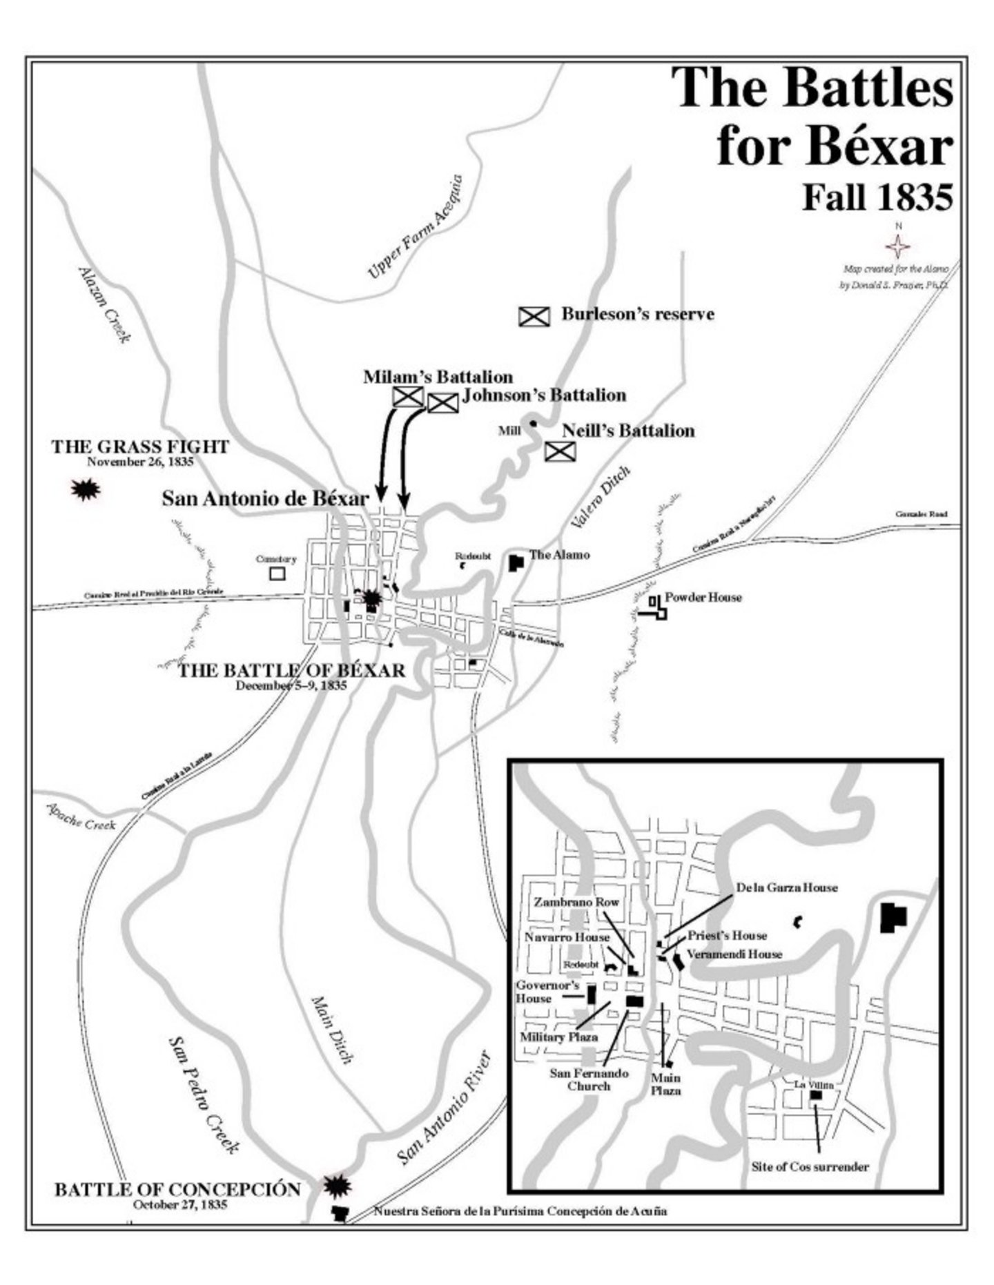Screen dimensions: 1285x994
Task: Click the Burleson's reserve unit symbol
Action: (x=534, y=316)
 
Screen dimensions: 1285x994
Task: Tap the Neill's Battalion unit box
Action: (x=560, y=451)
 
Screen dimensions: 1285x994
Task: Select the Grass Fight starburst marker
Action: (x=86, y=490)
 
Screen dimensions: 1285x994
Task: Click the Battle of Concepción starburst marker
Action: (x=338, y=1186)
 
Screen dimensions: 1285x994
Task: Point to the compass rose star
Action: (x=898, y=246)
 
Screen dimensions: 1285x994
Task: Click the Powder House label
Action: (x=703, y=597)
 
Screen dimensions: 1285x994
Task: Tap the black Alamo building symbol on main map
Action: (x=516, y=562)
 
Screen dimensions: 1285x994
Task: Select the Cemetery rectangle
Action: (x=277, y=573)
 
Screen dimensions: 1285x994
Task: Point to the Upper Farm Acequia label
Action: (x=415, y=227)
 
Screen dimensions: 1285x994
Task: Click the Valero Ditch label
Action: (x=600, y=498)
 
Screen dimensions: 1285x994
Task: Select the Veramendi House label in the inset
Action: (x=734, y=954)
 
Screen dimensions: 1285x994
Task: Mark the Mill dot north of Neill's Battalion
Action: (x=532, y=422)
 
